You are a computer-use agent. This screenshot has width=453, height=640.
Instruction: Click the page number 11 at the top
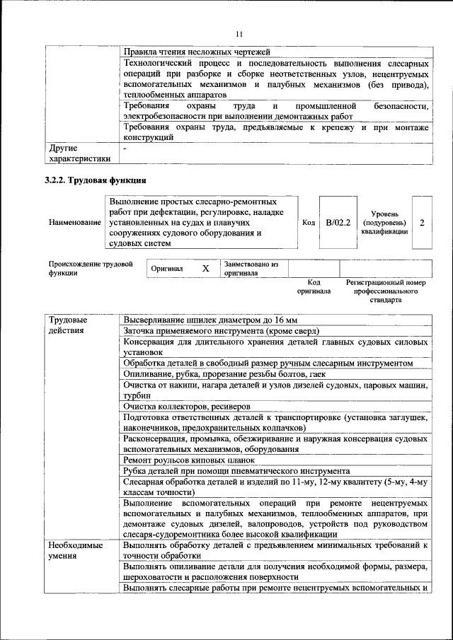tap(239, 34)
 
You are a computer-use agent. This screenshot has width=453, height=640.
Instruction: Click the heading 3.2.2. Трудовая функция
tap(96, 180)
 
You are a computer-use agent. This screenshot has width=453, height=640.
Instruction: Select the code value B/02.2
tap(338, 223)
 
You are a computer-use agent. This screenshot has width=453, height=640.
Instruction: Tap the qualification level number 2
tap(422, 223)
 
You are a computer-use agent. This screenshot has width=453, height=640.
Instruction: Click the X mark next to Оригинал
tap(205, 269)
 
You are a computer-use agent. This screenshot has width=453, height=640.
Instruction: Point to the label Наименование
tap(74, 223)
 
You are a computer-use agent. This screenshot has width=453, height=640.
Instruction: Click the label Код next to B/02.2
tap(309, 223)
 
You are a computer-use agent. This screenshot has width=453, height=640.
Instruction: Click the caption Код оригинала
tap(314, 286)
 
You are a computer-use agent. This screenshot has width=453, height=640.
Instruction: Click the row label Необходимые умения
tap(75, 552)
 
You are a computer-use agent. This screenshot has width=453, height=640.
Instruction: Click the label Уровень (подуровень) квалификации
tap(384, 223)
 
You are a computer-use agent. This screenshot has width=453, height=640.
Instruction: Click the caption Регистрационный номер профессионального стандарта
tap(385, 291)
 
